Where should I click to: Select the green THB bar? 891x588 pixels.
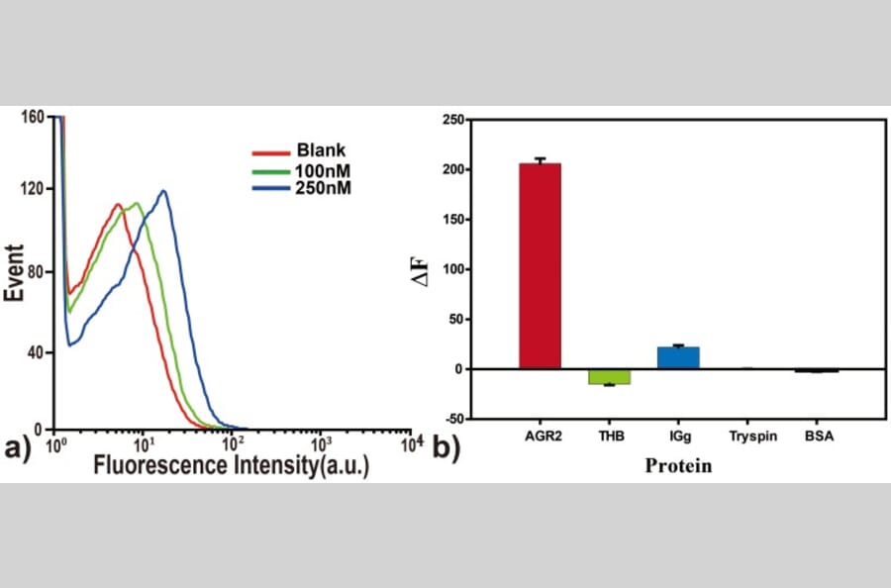[609, 376]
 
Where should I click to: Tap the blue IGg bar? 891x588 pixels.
[678, 357]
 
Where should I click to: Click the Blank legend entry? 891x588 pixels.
[320, 151]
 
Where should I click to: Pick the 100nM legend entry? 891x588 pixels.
[323, 169]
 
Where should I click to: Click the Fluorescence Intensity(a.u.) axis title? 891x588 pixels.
[232, 465]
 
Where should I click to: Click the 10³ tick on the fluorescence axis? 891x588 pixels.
[320, 441]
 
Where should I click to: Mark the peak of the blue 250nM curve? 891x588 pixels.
[163, 191]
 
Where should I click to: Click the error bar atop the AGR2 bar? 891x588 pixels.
[540, 160]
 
